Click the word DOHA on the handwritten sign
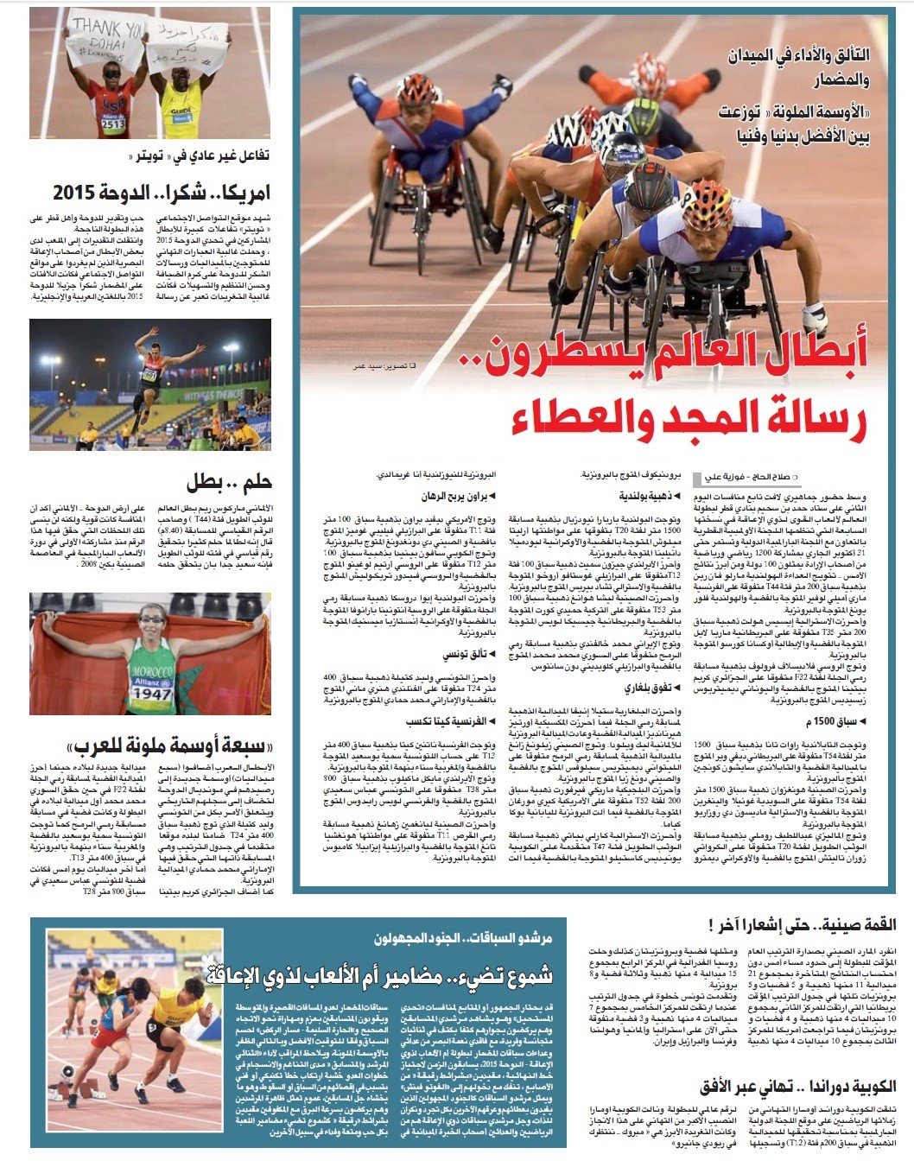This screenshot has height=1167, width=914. click(x=105, y=44)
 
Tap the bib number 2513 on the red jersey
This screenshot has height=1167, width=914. click(x=113, y=124)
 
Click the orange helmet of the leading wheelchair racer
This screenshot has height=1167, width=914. click(x=711, y=204)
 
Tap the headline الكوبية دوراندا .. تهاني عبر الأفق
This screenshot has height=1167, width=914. click(x=797, y=1086)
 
